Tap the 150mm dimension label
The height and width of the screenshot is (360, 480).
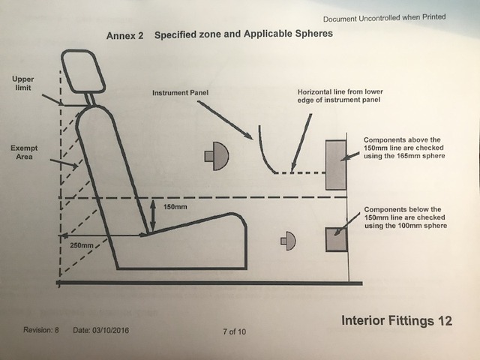(x=173, y=207)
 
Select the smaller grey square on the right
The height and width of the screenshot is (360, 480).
(x=334, y=240)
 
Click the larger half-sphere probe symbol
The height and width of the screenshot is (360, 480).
(x=217, y=156)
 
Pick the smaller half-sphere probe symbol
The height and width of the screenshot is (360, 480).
(x=288, y=240)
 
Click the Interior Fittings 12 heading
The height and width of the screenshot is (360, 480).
(x=397, y=321)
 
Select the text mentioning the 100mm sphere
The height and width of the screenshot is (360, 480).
(x=404, y=217)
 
